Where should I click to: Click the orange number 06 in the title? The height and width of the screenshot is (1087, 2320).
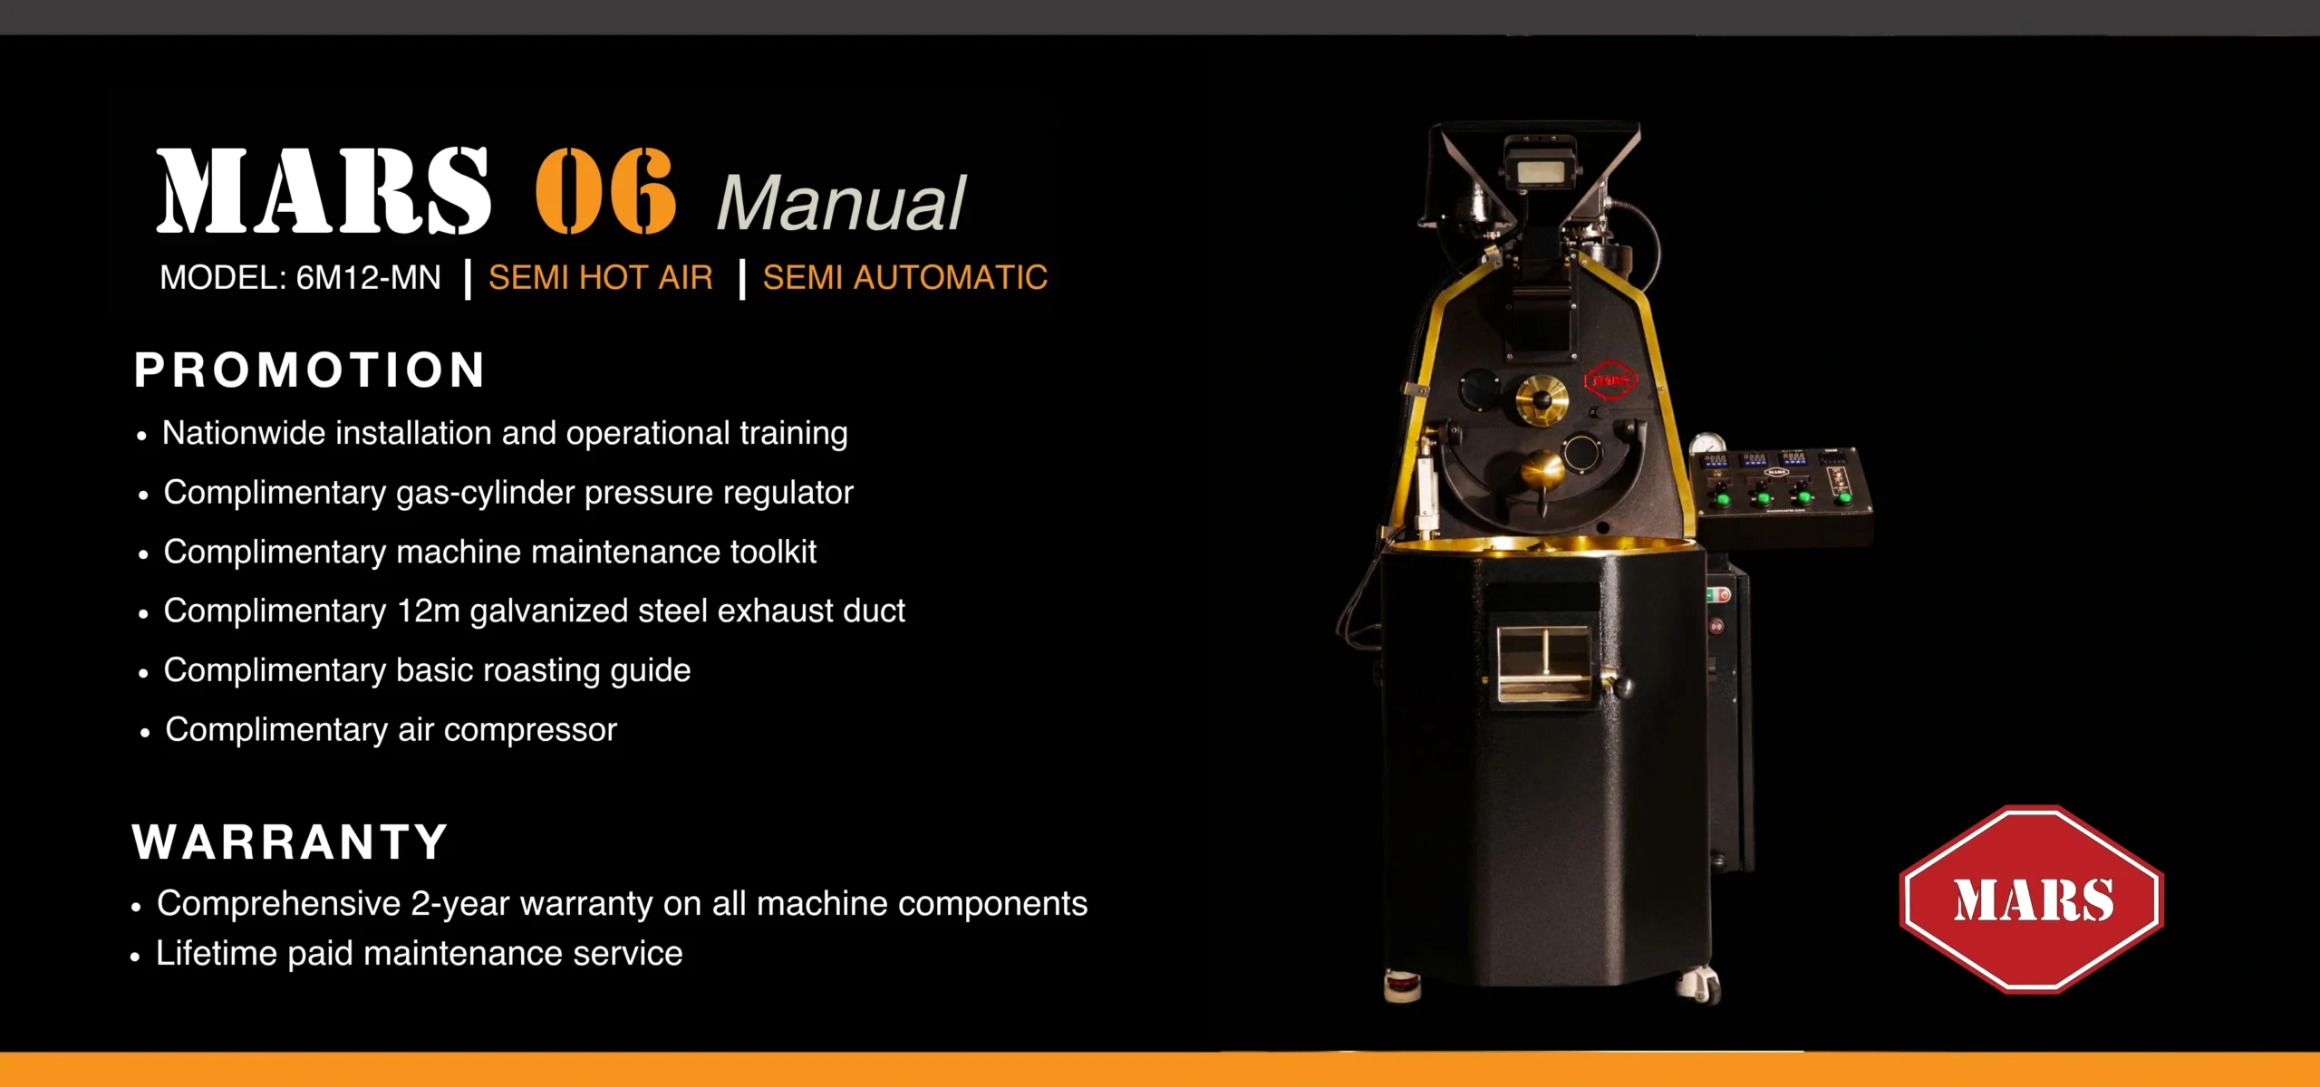pos(605,190)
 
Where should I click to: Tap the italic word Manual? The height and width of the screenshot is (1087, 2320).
pos(842,202)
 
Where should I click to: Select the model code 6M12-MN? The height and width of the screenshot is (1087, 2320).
pos(369,277)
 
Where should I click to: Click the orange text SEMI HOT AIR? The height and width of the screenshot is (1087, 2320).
pos(600,277)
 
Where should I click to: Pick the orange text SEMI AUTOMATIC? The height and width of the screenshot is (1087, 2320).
pos(904,277)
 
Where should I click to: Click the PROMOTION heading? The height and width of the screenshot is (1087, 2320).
pos(310,370)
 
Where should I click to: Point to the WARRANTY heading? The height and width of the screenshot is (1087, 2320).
pos(290,842)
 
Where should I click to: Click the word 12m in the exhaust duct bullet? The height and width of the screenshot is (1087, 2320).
pos(429,611)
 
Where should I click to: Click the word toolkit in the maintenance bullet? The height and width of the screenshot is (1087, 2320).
pos(774,552)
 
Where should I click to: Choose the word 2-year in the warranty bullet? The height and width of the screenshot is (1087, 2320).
pos(460,904)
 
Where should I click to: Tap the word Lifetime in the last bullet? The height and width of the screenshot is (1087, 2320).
pos(217,953)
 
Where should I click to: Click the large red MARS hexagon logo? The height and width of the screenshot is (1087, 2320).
pos(2031,899)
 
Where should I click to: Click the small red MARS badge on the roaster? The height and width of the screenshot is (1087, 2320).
pos(1610,380)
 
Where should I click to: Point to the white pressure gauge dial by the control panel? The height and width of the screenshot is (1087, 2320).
pos(1707,445)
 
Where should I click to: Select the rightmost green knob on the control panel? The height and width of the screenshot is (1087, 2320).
pos(1842,497)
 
